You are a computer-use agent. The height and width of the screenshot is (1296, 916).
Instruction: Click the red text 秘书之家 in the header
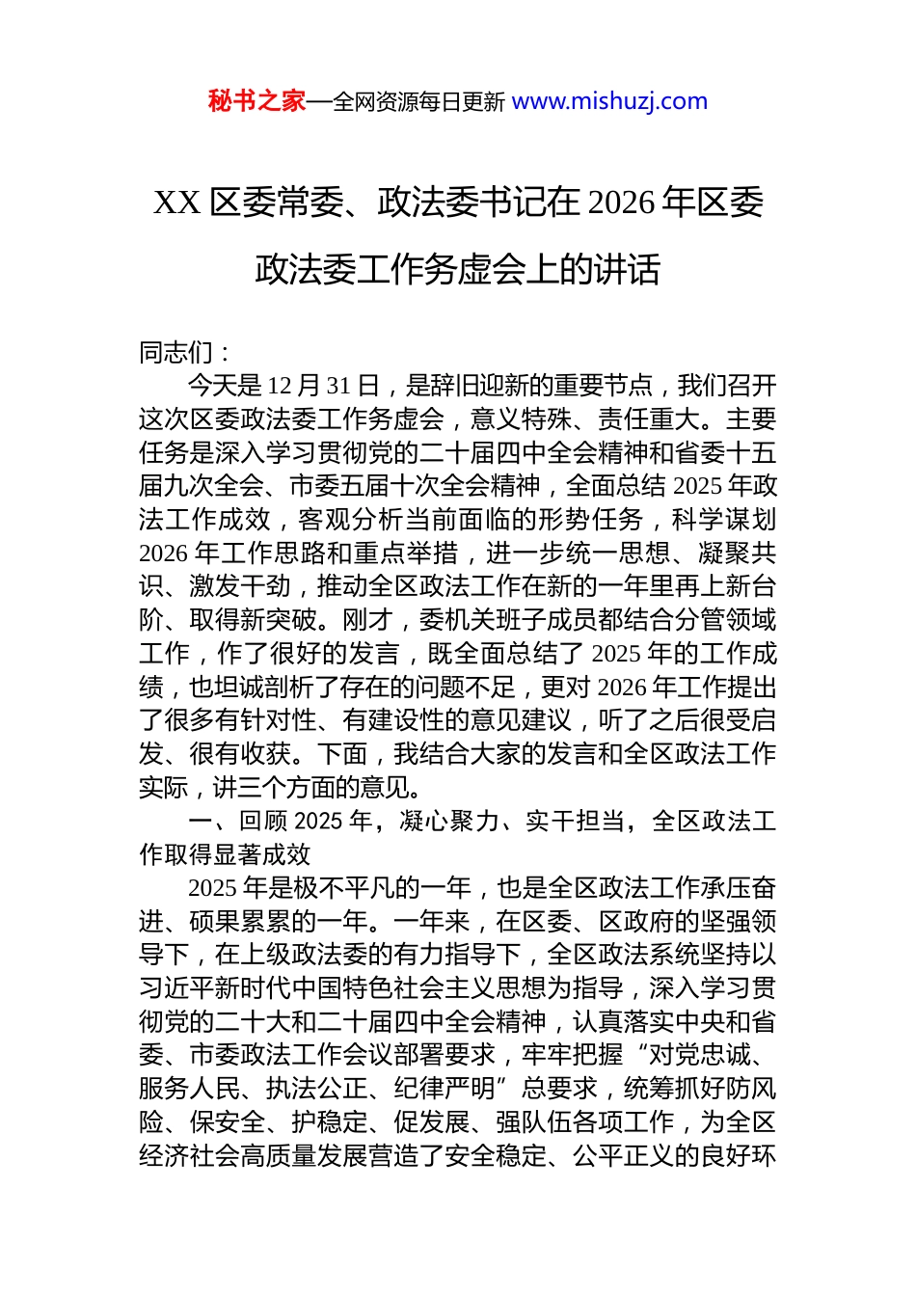(256, 101)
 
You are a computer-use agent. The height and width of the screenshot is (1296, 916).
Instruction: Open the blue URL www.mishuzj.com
(609, 101)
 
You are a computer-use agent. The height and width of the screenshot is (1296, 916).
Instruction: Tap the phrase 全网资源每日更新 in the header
(418, 102)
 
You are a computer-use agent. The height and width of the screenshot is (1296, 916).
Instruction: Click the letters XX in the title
(176, 202)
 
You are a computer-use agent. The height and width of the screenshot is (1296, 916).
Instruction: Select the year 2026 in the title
(620, 202)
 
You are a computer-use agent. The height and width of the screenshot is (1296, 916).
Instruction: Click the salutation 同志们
(175, 352)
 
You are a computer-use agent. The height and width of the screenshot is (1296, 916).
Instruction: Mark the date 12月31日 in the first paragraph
(323, 386)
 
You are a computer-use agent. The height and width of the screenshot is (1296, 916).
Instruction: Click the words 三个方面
(286, 787)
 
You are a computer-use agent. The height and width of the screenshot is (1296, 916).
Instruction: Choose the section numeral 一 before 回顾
(201, 821)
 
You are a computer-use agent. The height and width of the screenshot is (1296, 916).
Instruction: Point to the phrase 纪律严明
(444, 1089)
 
